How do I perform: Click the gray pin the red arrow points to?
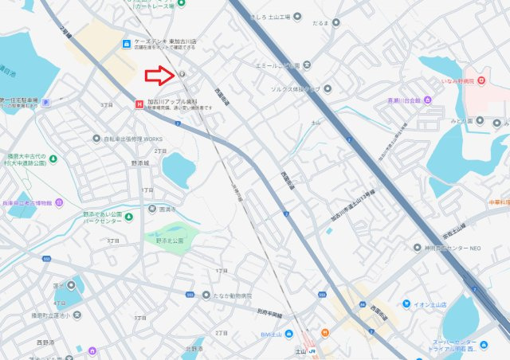(182, 74)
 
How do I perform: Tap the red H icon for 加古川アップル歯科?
(140, 104)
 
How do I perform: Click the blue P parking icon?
(45, 102)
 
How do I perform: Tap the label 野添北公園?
(169, 239)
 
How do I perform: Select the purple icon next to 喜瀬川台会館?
(427, 100)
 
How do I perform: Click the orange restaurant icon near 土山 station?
(325, 332)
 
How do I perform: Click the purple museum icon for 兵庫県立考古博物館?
(58, 202)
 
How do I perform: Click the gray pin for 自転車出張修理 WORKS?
(97, 138)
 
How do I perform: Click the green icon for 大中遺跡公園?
(53, 158)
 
